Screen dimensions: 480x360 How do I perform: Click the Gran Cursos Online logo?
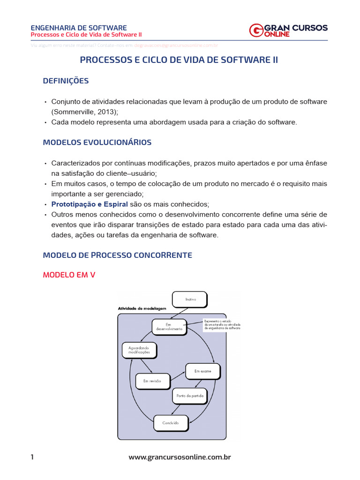click(288, 30)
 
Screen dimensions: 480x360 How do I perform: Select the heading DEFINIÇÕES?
click(66, 81)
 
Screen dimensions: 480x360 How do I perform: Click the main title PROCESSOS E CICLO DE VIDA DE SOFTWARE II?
click(179, 60)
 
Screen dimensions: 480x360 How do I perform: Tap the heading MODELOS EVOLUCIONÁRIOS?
click(97, 142)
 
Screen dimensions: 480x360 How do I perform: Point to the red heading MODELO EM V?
click(69, 275)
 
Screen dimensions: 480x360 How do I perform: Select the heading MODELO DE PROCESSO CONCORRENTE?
click(117, 255)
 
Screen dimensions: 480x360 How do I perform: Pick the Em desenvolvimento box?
click(170, 327)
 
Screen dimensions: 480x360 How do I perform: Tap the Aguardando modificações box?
click(139, 350)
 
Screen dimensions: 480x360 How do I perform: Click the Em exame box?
click(202, 371)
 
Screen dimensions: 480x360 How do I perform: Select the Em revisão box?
click(152, 381)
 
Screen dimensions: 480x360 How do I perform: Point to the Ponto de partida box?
click(189, 396)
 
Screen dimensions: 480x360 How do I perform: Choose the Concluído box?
click(171, 423)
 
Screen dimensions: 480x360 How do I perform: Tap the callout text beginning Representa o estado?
click(222, 325)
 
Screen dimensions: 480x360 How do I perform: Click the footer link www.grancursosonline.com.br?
click(180, 457)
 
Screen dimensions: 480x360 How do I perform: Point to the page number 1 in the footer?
click(32, 457)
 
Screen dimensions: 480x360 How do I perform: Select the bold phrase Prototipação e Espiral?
click(89, 204)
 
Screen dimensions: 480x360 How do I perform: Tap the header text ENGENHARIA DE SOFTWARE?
click(78, 28)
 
